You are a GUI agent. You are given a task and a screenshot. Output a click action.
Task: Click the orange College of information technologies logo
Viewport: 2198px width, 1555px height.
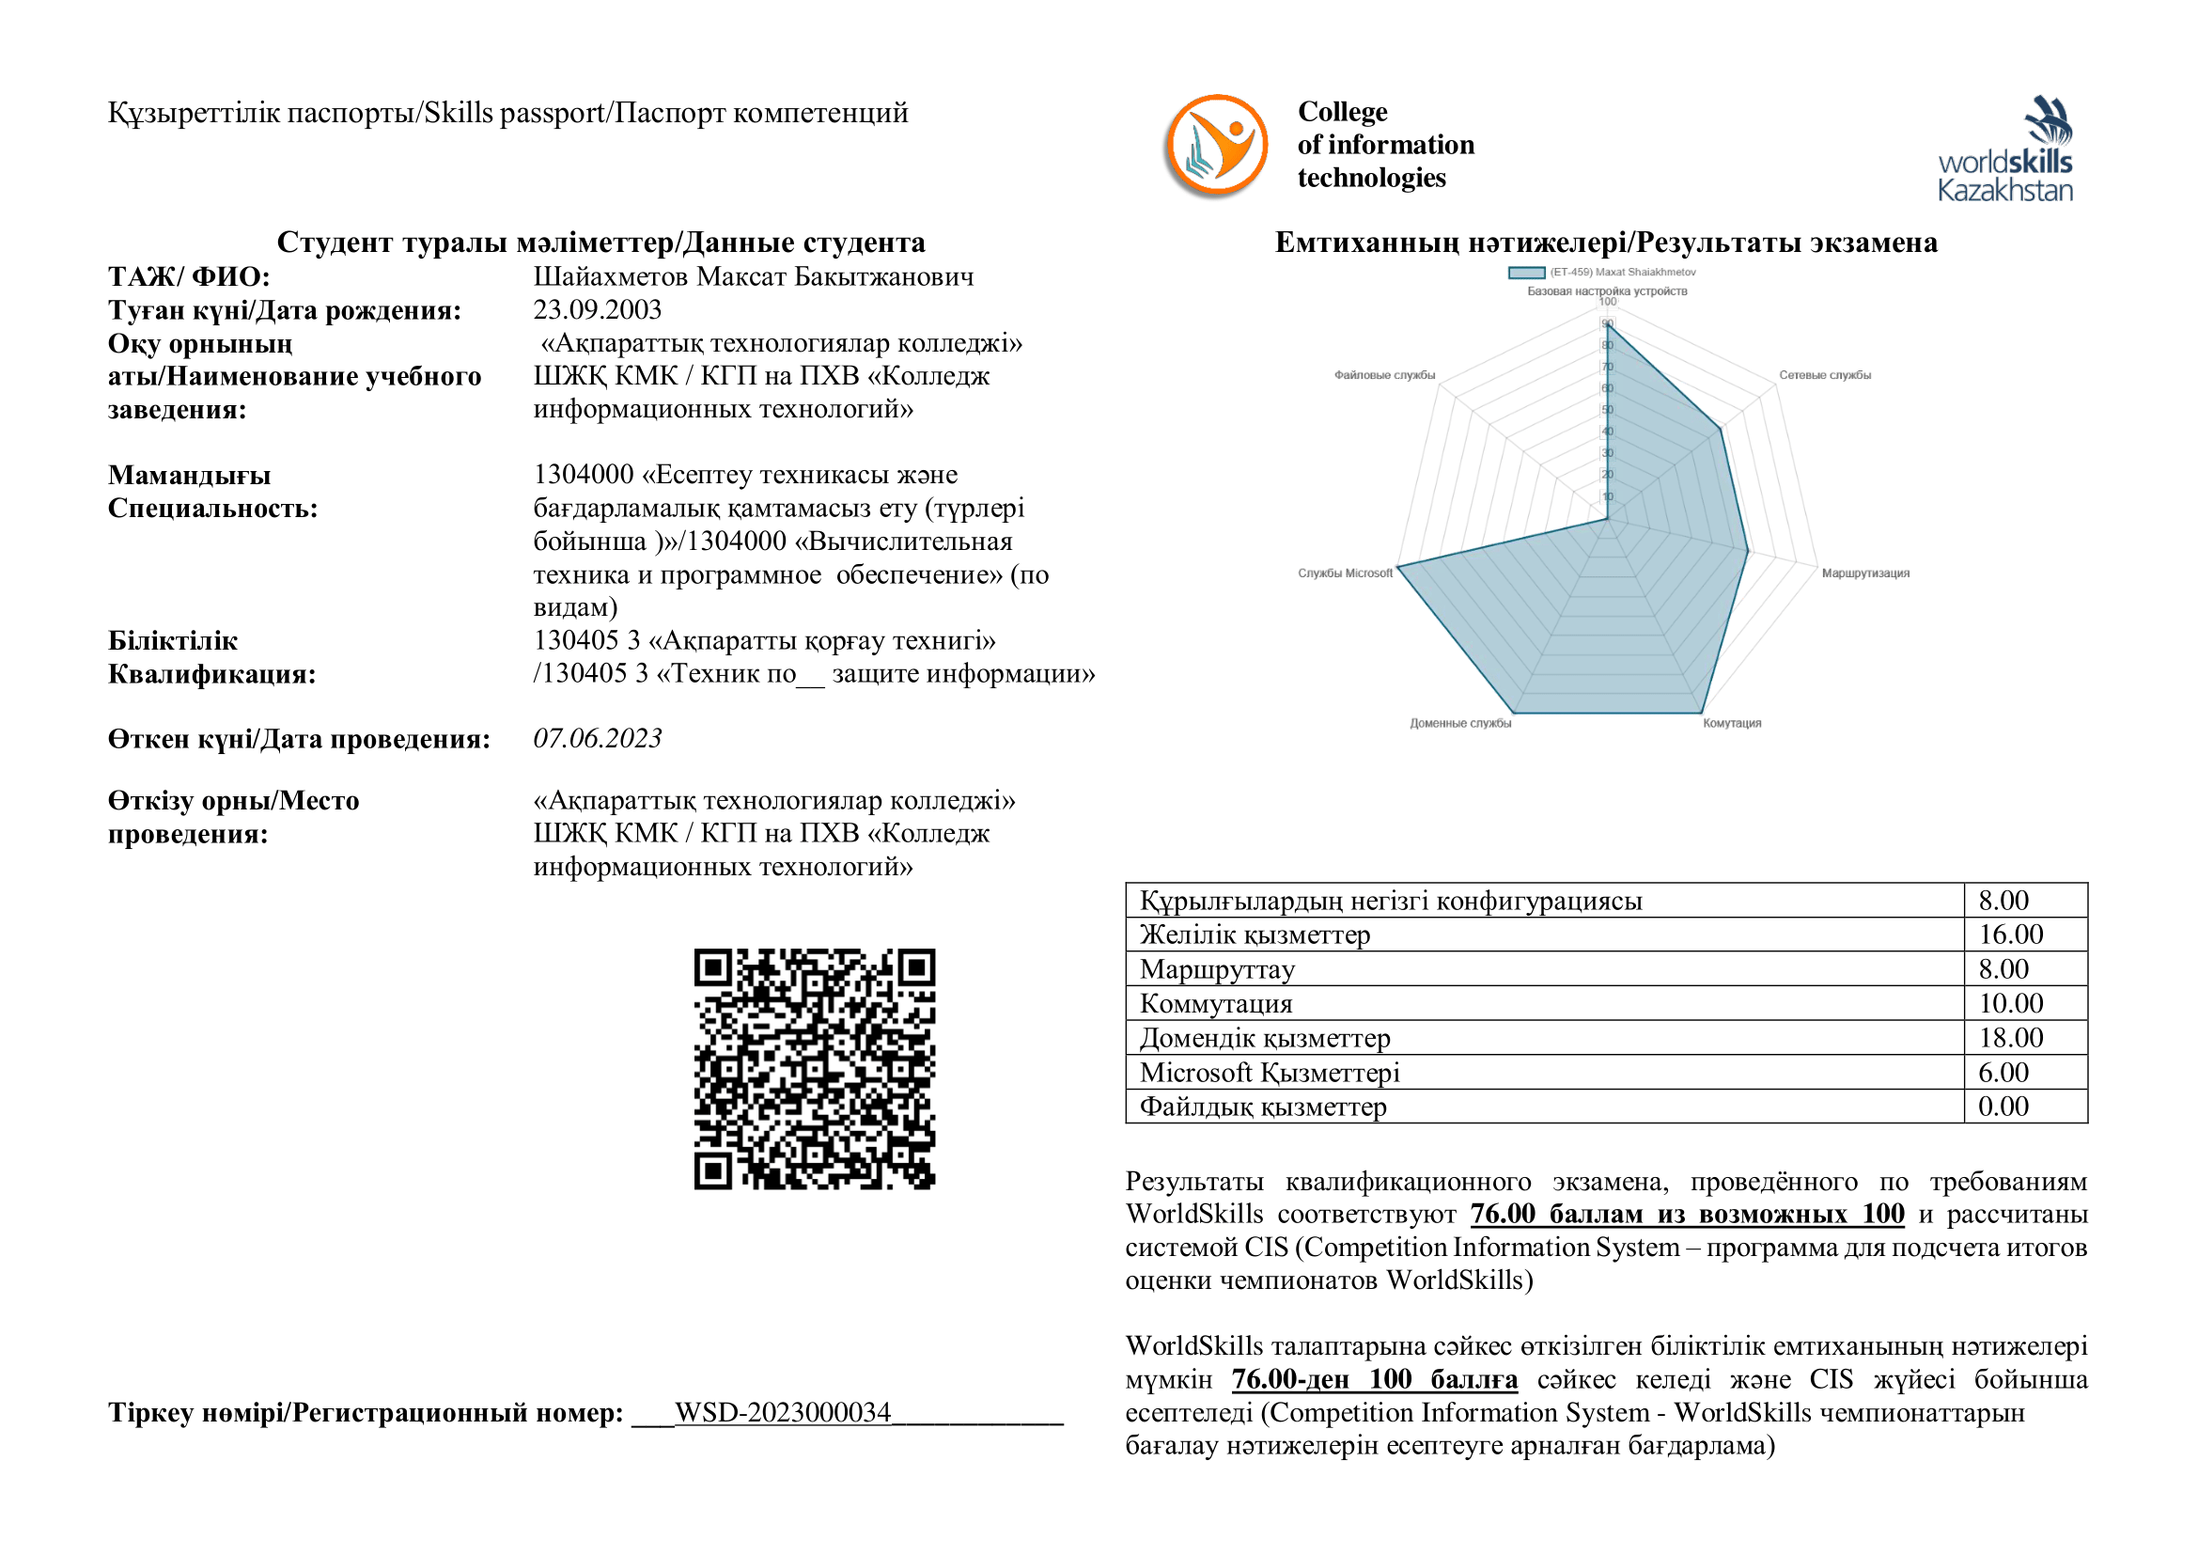point(1216,146)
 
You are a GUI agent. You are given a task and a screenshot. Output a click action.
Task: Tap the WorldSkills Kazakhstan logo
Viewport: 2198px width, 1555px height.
point(2004,149)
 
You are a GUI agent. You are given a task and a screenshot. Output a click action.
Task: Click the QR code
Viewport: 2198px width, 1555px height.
point(814,1069)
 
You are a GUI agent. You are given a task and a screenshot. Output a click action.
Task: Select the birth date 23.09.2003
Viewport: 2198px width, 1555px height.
point(598,310)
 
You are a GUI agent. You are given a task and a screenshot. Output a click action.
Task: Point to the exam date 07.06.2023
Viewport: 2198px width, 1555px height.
point(598,738)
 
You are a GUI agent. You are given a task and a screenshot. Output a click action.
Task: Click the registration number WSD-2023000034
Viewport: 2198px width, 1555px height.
point(783,1412)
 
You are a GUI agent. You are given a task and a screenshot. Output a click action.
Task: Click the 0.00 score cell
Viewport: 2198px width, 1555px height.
point(2003,1107)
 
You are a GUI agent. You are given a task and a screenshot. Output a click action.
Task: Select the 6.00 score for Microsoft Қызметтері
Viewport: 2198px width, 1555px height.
point(2003,1073)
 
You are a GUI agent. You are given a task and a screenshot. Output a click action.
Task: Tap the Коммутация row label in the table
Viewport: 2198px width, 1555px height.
point(1216,1003)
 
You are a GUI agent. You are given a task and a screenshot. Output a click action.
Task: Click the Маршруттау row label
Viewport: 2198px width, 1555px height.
point(1217,969)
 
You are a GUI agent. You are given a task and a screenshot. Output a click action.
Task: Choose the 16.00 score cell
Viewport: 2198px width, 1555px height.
point(2010,935)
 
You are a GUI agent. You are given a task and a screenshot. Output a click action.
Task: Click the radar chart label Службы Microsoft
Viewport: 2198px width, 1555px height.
point(1345,573)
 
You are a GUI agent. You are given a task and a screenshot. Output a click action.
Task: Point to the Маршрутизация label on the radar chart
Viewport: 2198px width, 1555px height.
point(1864,573)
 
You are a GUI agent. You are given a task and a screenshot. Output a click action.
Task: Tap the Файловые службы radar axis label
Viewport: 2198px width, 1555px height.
point(1384,375)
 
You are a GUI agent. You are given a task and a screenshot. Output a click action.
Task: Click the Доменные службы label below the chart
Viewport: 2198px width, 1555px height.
point(1460,723)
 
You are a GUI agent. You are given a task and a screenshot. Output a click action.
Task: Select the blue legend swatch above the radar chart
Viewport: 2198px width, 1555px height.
point(1526,273)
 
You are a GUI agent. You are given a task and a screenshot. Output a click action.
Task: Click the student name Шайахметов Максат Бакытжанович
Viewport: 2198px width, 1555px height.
point(754,276)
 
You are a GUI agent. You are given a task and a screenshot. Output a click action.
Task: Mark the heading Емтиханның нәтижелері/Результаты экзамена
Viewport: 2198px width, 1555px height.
point(1605,243)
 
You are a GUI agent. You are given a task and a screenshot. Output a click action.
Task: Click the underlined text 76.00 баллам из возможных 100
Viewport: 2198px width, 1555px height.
point(1687,1214)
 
